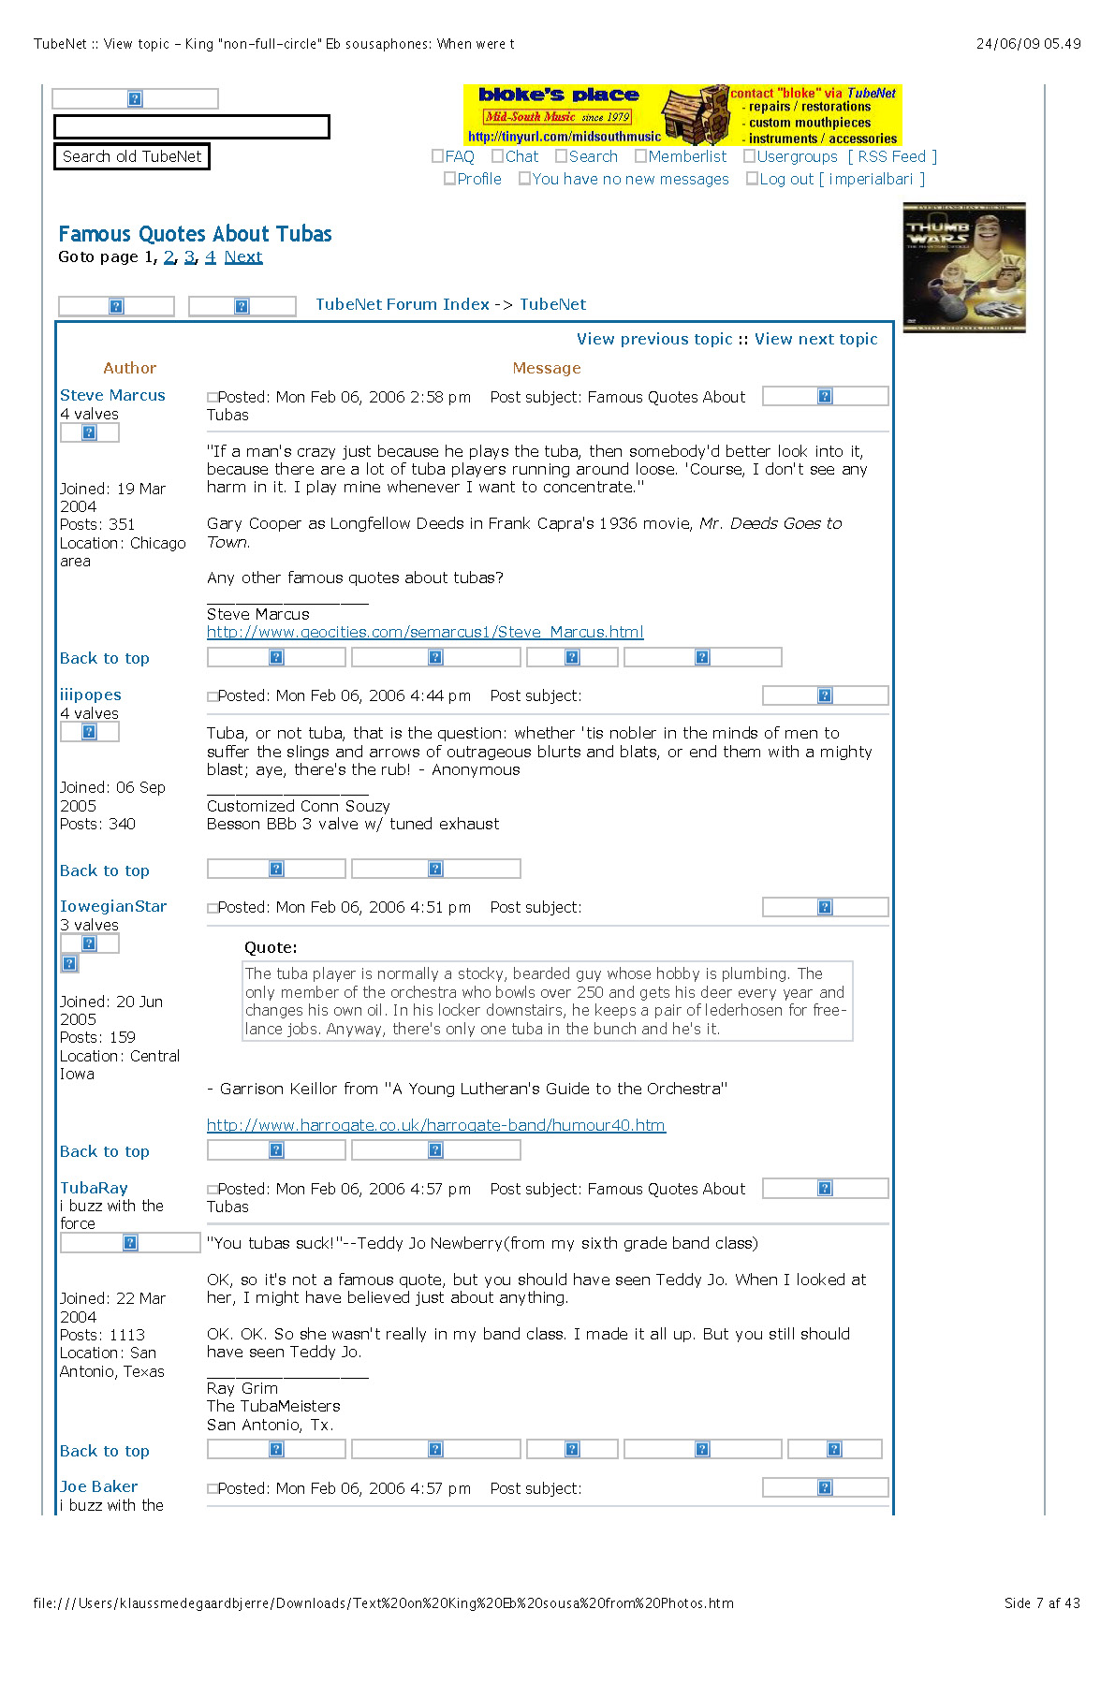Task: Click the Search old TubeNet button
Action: click(x=131, y=156)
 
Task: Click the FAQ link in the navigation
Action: click(x=459, y=156)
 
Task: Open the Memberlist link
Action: click(x=686, y=156)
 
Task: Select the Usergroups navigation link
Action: click(x=797, y=156)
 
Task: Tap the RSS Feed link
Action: click(x=891, y=156)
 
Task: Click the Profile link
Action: click(x=478, y=179)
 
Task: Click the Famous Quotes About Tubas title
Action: click(x=195, y=234)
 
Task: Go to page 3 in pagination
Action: click(x=189, y=256)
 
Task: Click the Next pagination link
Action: click(x=243, y=256)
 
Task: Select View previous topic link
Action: click(x=653, y=339)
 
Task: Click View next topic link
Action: click(x=815, y=339)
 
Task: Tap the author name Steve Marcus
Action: click(x=112, y=395)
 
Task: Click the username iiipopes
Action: click(x=91, y=695)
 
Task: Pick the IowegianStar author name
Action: click(x=113, y=906)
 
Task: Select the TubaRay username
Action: click(x=94, y=1188)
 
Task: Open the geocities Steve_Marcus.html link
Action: click(x=425, y=632)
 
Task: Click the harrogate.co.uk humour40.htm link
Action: click(x=436, y=1125)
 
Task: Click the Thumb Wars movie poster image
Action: click(x=964, y=268)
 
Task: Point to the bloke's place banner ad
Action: click(x=682, y=114)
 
